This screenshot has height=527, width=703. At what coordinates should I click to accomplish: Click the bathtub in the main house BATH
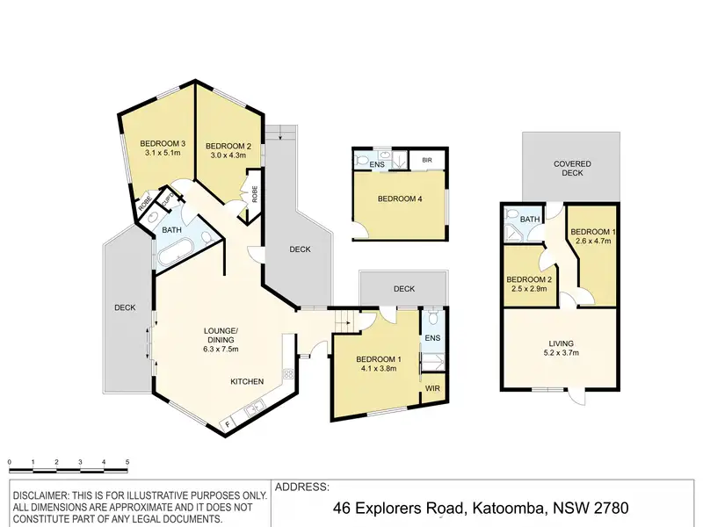(175, 254)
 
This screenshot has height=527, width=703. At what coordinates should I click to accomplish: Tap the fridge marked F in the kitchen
(228, 423)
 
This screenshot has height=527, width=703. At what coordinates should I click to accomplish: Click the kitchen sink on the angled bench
(255, 408)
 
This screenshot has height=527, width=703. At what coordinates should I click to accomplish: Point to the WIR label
(432, 388)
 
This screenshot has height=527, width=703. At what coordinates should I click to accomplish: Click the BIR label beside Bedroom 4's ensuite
(427, 160)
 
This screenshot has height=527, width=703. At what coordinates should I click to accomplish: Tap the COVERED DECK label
(572, 168)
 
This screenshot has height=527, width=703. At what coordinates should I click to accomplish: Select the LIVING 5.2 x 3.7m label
(562, 348)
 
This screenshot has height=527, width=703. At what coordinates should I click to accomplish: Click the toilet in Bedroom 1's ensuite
(432, 317)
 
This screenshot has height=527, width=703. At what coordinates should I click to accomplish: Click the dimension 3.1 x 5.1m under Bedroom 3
(163, 153)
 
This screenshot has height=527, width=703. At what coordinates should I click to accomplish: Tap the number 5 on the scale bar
(127, 462)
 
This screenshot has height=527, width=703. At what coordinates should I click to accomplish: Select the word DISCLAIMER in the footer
(40, 496)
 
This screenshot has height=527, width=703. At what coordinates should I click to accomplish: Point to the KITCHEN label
(247, 381)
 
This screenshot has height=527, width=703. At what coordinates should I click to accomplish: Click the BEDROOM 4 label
(400, 199)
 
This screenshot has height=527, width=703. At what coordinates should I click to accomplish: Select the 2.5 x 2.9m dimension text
(529, 289)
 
